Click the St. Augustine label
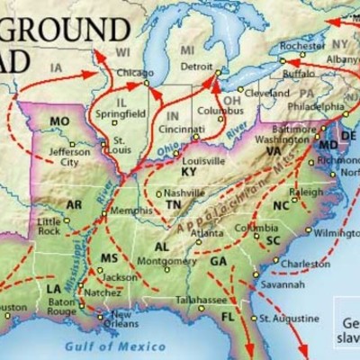289,319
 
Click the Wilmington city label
336,231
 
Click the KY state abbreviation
188,171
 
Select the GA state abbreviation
218,261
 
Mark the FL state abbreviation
227,318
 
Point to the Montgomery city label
166,261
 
